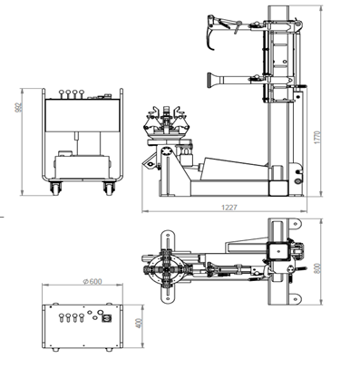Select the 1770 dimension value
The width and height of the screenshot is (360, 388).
pos(316,138)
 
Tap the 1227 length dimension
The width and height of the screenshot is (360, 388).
pos(229,208)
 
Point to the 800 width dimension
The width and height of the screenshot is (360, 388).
pos(317,268)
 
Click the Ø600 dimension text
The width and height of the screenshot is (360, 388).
pos(92,281)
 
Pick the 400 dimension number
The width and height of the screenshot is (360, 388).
pos(139,323)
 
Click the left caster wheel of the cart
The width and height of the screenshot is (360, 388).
pos(55,189)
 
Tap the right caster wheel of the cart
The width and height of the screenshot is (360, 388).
pos(109,189)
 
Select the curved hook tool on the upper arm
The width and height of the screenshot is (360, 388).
pos(209,34)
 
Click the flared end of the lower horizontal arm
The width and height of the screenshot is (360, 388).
pos(211,81)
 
